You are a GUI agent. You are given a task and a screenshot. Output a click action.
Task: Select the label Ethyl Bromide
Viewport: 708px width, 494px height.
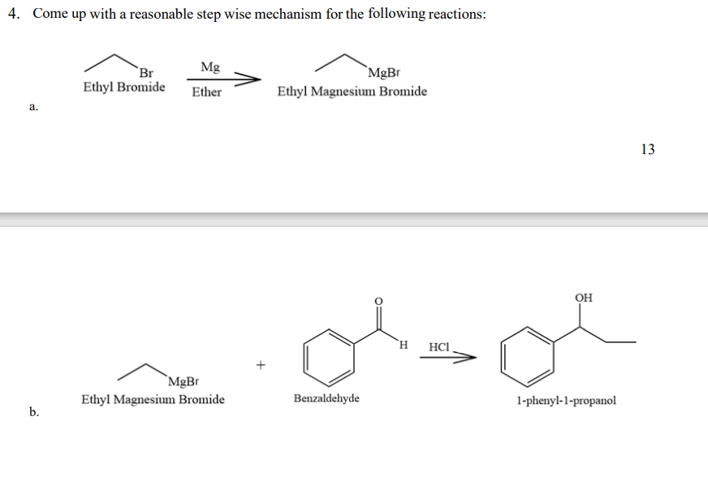click(124, 87)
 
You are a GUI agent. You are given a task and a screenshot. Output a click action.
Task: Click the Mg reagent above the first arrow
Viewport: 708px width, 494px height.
click(209, 67)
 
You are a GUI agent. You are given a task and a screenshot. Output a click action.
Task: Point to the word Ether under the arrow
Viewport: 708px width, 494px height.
click(206, 92)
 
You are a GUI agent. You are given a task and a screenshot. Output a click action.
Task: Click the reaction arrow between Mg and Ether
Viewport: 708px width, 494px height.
click(223, 79)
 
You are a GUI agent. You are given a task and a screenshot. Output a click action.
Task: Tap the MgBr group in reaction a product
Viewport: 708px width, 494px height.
click(383, 74)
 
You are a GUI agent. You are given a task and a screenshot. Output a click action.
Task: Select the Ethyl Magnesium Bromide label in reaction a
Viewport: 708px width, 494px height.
click(352, 91)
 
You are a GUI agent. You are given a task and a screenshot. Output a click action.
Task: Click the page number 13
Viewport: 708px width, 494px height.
click(647, 148)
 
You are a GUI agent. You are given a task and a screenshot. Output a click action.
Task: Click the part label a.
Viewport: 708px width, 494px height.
click(32, 105)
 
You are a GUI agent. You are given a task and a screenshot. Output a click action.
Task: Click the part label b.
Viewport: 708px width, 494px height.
click(34, 412)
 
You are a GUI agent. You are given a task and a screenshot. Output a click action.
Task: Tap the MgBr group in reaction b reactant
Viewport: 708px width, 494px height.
click(183, 381)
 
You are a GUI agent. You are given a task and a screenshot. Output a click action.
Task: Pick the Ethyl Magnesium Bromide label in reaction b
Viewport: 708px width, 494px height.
click(153, 399)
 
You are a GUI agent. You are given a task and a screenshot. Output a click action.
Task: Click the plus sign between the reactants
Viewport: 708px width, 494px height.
click(261, 365)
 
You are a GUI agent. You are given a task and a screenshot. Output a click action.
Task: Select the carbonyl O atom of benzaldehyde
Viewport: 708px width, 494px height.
click(378, 299)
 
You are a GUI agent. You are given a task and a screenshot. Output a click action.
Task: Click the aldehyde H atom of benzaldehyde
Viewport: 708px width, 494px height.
click(403, 346)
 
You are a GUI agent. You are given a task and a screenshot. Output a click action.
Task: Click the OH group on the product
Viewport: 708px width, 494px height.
click(583, 298)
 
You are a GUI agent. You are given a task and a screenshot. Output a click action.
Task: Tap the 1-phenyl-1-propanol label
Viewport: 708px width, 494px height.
click(566, 401)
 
